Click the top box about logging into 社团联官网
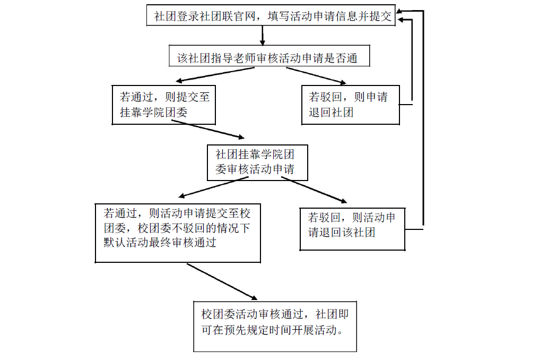point(272,16)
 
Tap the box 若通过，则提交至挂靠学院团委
point(164,105)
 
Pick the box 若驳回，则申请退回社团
point(350,105)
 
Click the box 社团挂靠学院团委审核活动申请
point(258,162)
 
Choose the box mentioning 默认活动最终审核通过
point(178,233)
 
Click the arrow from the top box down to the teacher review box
point(262,35)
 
